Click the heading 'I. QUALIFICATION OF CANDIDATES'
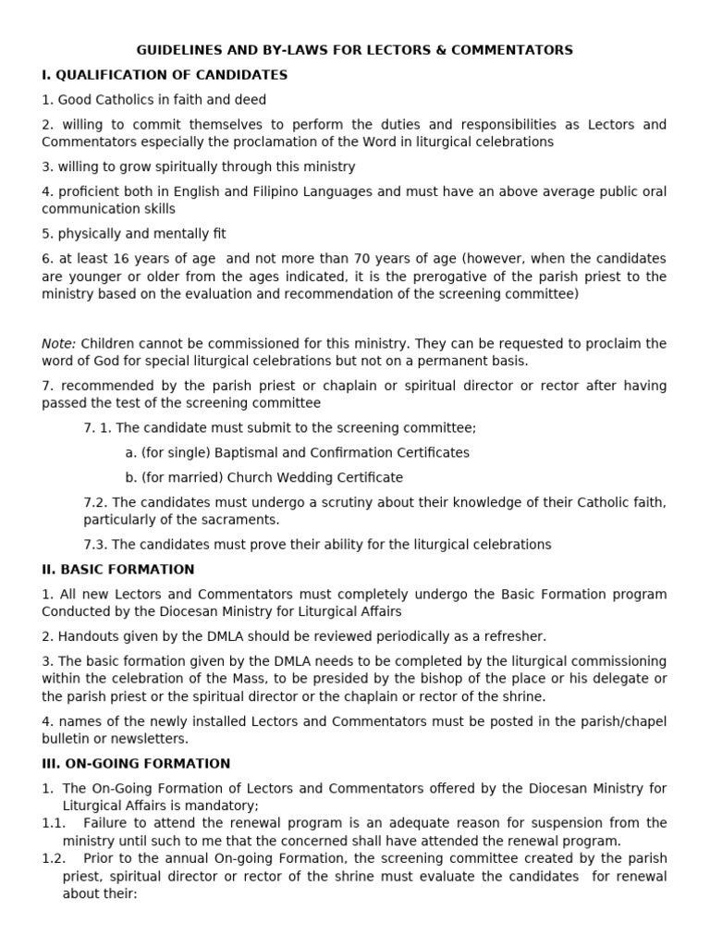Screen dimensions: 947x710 [165, 75]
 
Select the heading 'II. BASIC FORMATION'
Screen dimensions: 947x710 [118, 569]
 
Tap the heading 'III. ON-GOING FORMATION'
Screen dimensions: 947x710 [136, 763]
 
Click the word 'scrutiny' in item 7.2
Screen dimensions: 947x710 [337, 502]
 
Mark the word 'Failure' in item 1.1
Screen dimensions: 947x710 [104, 823]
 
